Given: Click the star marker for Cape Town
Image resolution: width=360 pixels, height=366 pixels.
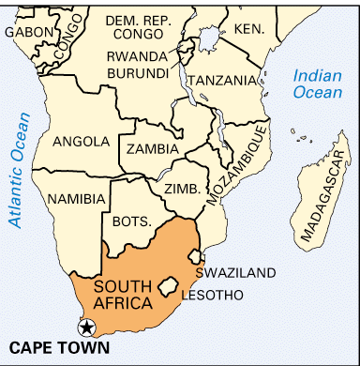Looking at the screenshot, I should [x=86, y=328].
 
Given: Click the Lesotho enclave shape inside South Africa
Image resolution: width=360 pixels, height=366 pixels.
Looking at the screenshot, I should [x=170, y=282].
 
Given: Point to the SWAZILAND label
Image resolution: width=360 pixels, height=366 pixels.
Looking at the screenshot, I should [x=235, y=273].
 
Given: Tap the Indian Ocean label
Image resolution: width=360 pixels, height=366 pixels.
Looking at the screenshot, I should [x=318, y=84].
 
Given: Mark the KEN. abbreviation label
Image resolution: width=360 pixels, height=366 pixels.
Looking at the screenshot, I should [x=249, y=28].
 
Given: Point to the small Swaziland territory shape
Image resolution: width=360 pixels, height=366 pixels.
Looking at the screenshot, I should [x=195, y=255].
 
